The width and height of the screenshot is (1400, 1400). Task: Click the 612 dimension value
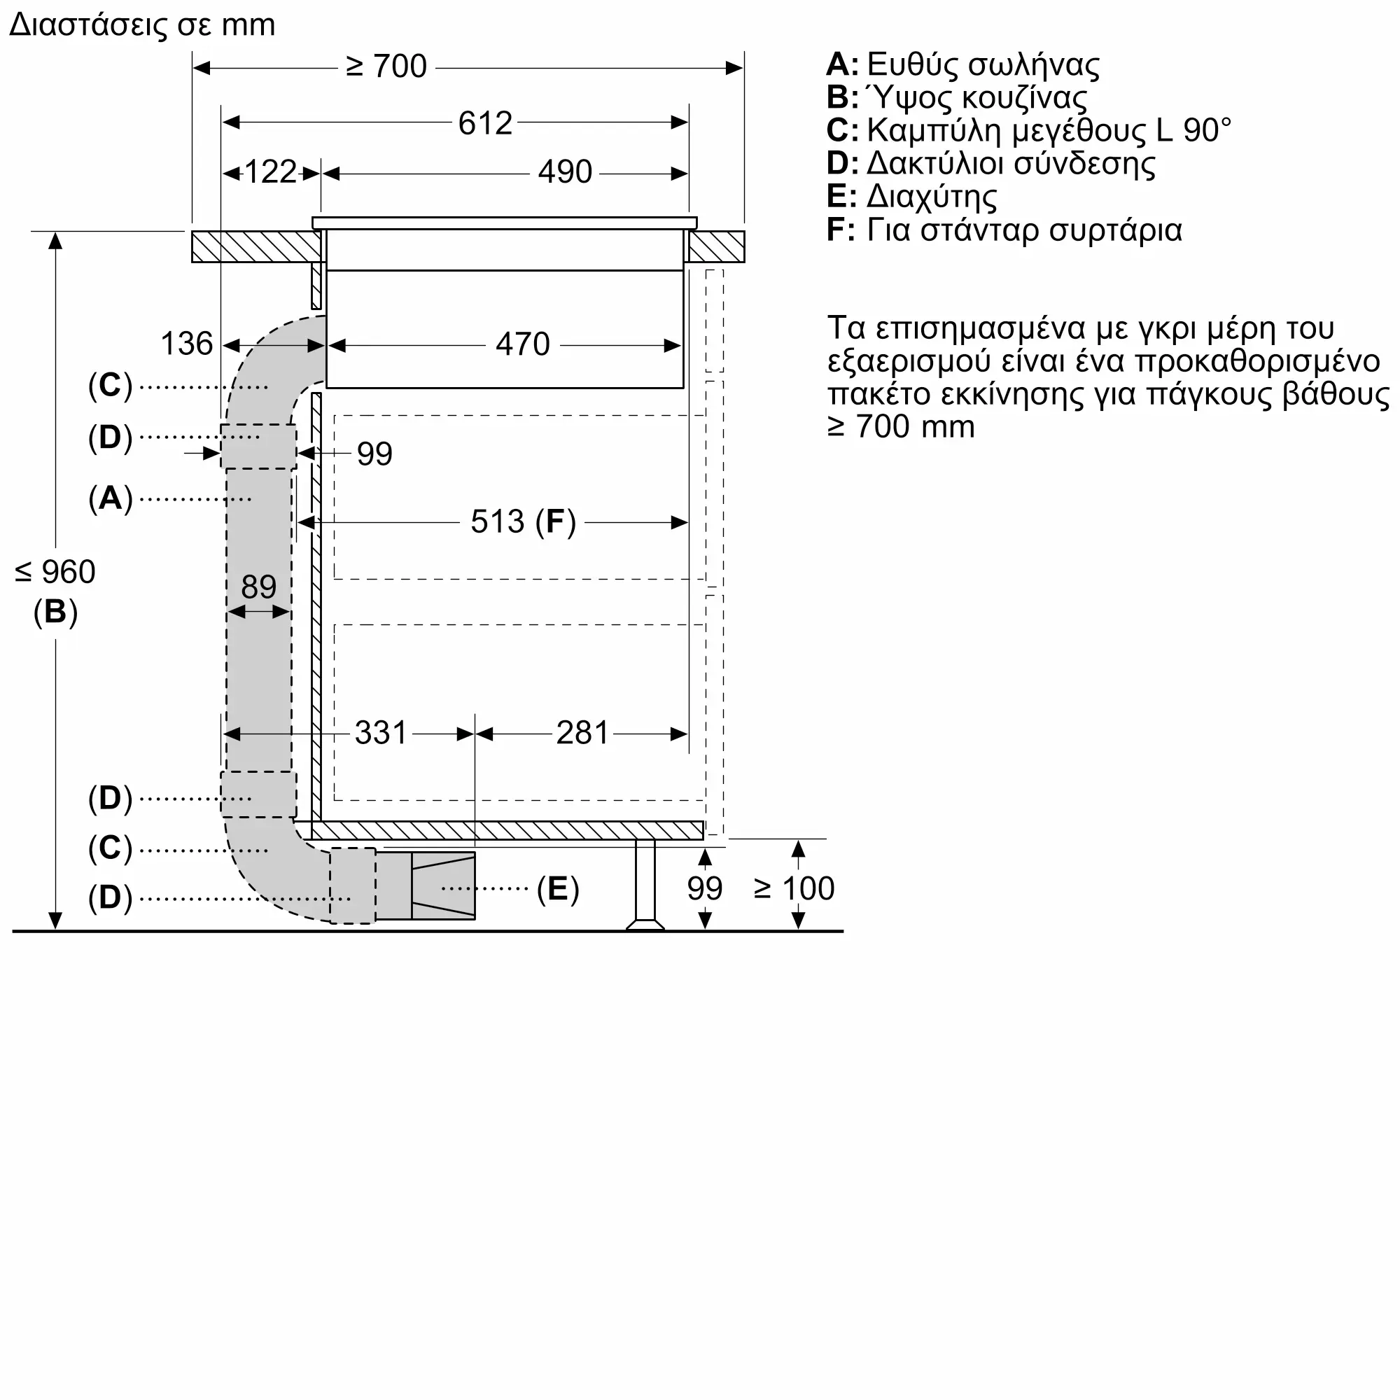pos(485,123)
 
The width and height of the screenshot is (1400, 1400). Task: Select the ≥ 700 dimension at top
pos(386,66)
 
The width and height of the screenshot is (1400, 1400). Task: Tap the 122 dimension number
pos(270,172)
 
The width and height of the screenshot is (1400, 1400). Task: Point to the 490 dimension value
pos(564,172)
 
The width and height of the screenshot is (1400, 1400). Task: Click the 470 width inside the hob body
pos(522,344)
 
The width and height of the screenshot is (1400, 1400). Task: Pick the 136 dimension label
pos(186,344)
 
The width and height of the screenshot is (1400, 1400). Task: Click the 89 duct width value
pos(258,587)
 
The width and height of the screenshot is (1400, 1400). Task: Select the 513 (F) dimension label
pos(522,521)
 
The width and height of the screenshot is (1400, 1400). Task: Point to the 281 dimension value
pos(582,734)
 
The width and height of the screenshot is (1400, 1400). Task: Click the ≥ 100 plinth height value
pos(794,888)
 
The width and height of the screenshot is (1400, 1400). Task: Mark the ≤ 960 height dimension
pos(55,573)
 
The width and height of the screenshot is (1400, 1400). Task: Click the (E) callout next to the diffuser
pos(557,888)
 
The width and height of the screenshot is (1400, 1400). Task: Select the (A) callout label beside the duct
pos(110,498)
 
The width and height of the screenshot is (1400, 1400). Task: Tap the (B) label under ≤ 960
pos(55,612)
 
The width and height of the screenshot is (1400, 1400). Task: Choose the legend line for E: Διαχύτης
pos(911,197)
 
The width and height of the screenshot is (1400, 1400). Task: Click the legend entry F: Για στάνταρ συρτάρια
pos(1004,230)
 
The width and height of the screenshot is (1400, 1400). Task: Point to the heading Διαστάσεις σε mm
pos(142,25)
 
